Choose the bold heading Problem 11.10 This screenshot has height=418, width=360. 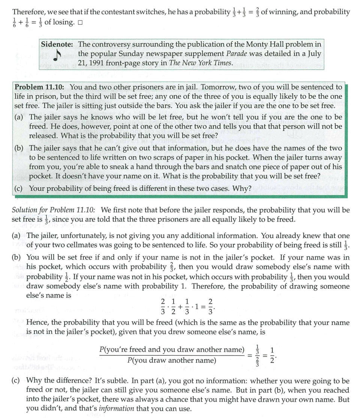tap(39, 87)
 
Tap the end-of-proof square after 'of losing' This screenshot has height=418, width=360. tap(80, 22)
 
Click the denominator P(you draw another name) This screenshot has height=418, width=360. tap(172, 360)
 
